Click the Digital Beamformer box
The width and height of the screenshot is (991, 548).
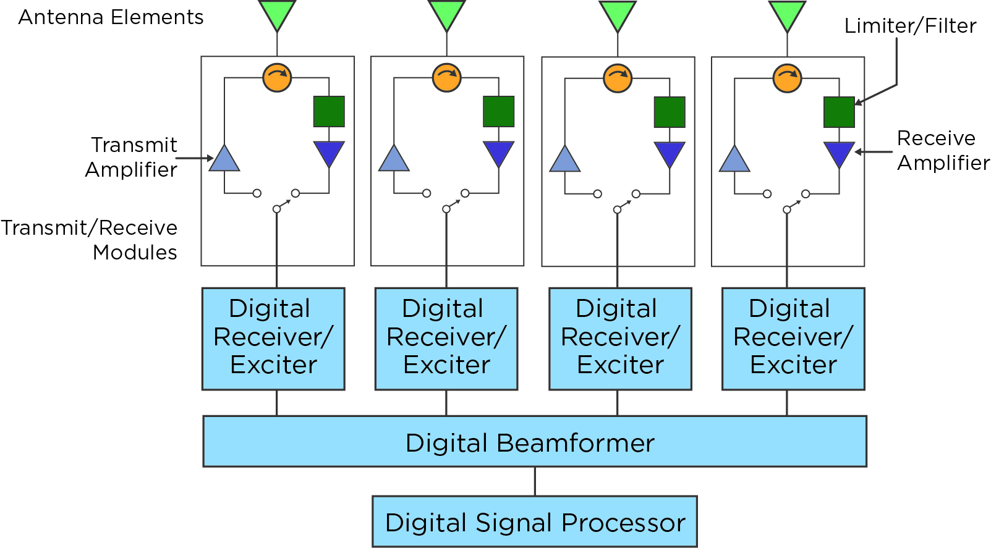click(x=535, y=441)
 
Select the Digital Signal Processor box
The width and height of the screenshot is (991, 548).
click(x=535, y=521)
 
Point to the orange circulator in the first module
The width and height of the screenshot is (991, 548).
click(x=277, y=77)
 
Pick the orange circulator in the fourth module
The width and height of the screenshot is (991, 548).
click(x=787, y=78)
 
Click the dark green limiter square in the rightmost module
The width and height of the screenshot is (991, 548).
click(x=839, y=112)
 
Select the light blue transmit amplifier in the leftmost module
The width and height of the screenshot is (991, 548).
click(x=224, y=160)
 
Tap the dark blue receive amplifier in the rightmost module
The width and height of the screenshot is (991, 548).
click(x=839, y=153)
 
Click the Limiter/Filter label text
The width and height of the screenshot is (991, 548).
click(x=910, y=26)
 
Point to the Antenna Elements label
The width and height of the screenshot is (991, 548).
click(x=111, y=17)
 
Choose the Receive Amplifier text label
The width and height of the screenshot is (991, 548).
click(x=942, y=150)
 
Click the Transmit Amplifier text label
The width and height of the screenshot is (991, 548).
click(x=132, y=157)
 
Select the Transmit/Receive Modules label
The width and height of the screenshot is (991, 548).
click(x=90, y=240)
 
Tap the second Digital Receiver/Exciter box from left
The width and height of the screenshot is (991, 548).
click(x=446, y=338)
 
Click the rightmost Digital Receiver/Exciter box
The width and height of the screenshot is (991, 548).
click(x=793, y=338)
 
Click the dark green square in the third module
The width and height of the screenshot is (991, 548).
click(x=670, y=112)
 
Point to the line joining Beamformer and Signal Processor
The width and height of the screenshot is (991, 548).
click(x=535, y=481)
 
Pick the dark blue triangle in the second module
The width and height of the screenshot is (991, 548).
click(x=498, y=153)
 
